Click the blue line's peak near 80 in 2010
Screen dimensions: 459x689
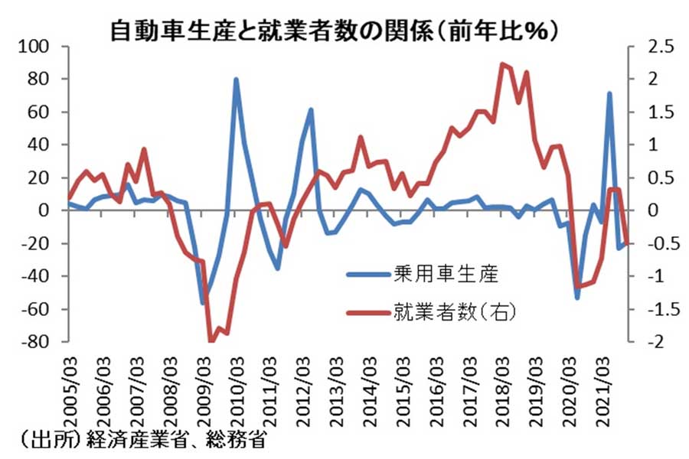coord(236,80)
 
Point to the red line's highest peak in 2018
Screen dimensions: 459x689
coord(501,64)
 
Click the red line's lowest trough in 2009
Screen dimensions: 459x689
coord(211,340)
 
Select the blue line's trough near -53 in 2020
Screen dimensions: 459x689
coord(577,297)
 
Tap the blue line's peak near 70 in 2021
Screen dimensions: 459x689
coord(609,94)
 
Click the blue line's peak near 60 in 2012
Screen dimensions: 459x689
coord(311,109)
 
